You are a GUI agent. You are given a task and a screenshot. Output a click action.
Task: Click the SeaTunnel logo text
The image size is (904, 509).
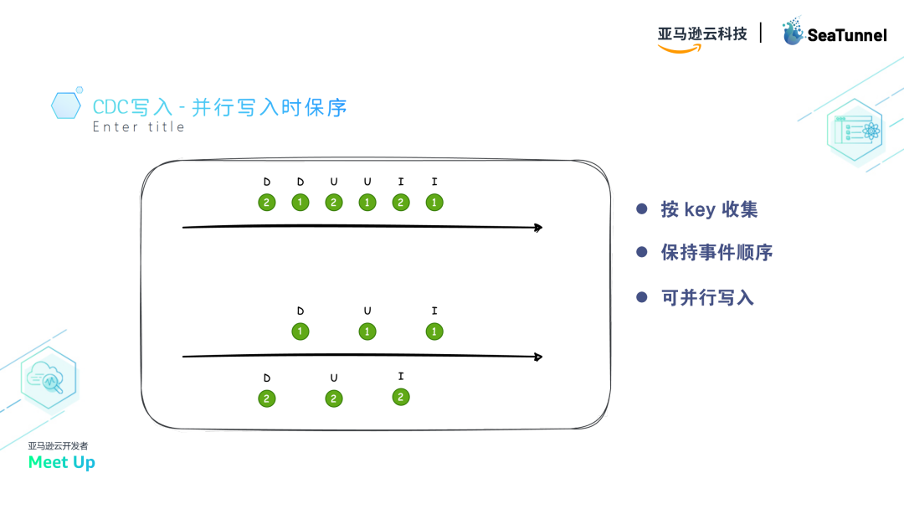click(x=846, y=35)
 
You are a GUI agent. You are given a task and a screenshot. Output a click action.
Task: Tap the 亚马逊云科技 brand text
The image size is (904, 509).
click(x=702, y=33)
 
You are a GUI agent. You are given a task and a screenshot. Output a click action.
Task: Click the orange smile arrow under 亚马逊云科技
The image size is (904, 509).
click(x=680, y=49)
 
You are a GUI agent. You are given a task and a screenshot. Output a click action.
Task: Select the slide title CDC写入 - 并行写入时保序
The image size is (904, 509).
click(x=219, y=107)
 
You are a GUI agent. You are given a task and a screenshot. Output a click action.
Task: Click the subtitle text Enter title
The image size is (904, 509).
click(x=138, y=127)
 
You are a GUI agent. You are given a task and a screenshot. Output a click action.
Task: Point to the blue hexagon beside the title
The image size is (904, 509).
click(x=66, y=105)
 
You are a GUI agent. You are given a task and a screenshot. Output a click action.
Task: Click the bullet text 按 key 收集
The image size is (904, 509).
click(x=709, y=208)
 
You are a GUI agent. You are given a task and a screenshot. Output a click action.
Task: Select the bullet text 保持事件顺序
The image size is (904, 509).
click(x=717, y=252)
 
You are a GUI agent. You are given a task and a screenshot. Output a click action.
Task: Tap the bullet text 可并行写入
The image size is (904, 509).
click(x=707, y=296)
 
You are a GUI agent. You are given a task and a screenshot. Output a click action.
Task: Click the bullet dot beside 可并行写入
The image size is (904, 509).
click(x=642, y=296)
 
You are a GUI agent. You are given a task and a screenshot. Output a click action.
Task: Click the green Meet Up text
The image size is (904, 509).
click(x=61, y=462)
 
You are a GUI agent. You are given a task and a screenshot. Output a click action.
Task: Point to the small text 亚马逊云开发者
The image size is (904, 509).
click(x=58, y=445)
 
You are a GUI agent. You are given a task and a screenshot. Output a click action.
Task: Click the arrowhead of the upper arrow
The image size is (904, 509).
click(x=538, y=227)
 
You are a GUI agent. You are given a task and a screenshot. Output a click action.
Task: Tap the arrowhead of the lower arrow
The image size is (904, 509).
click(x=538, y=357)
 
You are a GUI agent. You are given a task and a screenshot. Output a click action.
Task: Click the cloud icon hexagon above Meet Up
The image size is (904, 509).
click(x=49, y=378)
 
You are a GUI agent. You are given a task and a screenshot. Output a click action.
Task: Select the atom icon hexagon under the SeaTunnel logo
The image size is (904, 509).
click(x=855, y=131)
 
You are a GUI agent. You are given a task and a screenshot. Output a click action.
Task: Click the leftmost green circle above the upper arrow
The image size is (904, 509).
click(x=266, y=202)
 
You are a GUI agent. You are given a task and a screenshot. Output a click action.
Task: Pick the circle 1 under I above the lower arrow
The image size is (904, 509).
click(x=434, y=332)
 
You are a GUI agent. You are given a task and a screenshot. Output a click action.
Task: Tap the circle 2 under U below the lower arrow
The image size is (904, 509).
click(x=333, y=398)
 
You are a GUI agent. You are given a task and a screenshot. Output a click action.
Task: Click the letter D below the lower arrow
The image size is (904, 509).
click(x=267, y=378)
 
